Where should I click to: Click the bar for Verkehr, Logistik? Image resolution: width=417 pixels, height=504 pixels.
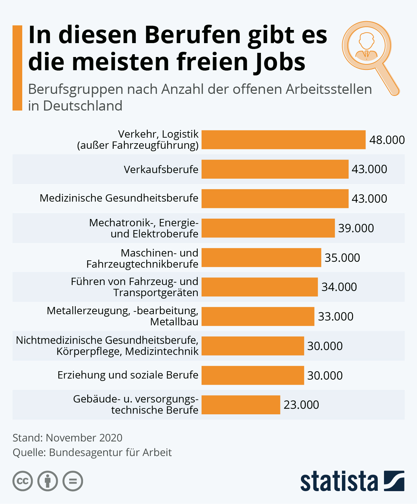coord(283,140)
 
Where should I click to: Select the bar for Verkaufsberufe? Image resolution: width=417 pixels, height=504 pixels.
coord(275,169)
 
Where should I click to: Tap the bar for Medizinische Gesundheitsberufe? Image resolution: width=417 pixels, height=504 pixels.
coord(275,198)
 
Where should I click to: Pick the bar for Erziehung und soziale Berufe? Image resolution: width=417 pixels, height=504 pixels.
coord(253,375)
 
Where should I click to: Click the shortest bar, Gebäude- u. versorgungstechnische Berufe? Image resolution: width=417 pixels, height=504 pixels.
coord(240,405)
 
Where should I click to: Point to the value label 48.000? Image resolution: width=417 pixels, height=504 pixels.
coord(387,140)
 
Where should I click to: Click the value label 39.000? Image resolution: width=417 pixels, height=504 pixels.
coord(356,228)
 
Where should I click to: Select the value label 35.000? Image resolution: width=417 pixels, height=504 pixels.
coord(342,258)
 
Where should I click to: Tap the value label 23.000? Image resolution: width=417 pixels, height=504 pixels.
coord(301,405)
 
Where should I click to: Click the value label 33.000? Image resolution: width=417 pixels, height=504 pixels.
coord(336,316)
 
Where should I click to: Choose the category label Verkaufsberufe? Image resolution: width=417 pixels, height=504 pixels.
coord(161,169)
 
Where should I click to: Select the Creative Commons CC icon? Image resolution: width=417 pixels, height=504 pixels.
coord(23,481)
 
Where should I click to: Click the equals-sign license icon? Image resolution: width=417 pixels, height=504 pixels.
coord(73,481)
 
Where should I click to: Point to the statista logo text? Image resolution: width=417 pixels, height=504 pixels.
coord(339,481)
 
